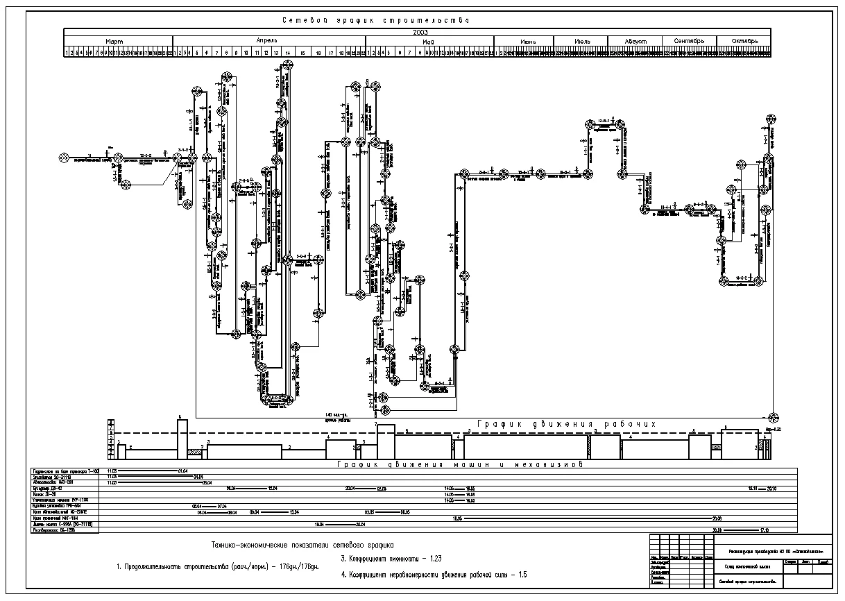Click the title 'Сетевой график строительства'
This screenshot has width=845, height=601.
(374, 20)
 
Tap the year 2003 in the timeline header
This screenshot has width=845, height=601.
(420, 32)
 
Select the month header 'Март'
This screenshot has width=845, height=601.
(117, 41)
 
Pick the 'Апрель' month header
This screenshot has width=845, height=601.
(268, 41)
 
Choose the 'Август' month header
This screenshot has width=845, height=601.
(635, 41)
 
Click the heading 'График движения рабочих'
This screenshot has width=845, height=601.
(566, 424)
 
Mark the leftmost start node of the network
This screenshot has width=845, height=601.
(62, 158)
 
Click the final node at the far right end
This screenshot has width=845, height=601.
(774, 417)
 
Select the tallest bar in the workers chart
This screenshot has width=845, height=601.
(182, 437)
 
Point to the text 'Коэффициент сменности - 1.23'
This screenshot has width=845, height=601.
(391, 558)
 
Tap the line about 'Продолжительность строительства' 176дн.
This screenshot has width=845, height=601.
(217, 568)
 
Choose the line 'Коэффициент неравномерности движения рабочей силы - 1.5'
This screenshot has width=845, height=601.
(434, 574)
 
